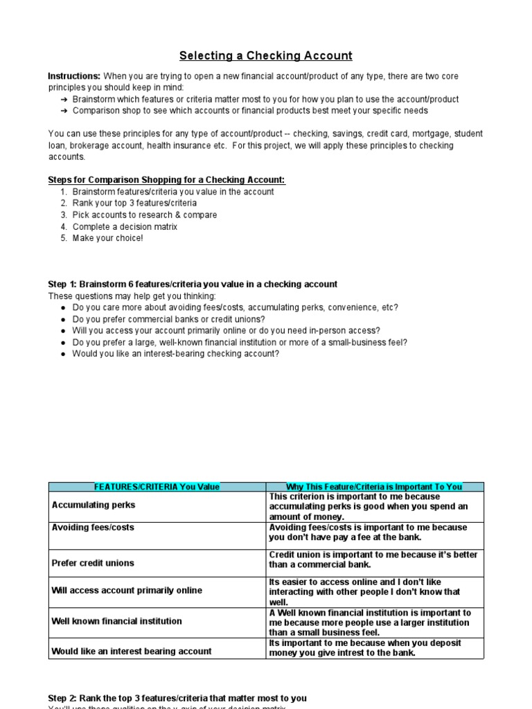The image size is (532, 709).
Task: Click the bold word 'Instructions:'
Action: (74, 75)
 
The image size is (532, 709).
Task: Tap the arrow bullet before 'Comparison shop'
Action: (64, 111)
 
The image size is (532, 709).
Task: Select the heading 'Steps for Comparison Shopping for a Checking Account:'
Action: (166, 180)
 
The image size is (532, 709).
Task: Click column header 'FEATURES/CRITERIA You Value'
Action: (157, 487)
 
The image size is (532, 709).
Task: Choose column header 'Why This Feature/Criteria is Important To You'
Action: (375, 487)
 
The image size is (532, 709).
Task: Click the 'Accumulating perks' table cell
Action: (94, 505)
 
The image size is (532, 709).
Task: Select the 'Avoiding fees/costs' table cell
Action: (93, 528)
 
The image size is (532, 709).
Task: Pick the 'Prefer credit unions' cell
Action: (93, 563)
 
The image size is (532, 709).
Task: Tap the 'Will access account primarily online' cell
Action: (127, 591)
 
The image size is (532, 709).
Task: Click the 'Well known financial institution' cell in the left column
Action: (116, 621)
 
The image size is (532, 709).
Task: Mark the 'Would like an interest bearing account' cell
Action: (132, 651)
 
